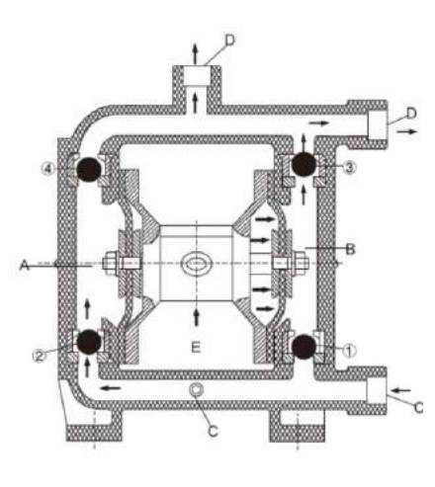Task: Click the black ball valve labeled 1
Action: (304, 347)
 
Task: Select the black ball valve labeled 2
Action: (88, 342)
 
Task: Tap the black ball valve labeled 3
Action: (304, 165)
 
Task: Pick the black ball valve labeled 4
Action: (89, 169)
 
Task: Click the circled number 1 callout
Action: (349, 351)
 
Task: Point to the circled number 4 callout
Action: (47, 169)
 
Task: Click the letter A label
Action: (24, 265)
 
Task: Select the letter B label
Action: (351, 249)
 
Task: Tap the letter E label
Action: (196, 347)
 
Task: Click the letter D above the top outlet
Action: (230, 41)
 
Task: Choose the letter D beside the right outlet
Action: (411, 113)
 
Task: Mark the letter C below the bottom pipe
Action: (214, 431)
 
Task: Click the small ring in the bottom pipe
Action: (196, 389)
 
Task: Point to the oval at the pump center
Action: (196, 264)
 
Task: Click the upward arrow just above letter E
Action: (197, 317)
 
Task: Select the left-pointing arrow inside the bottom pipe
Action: (111, 388)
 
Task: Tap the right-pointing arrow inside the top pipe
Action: (319, 122)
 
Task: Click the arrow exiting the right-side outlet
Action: (407, 131)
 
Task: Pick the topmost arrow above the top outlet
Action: (195, 53)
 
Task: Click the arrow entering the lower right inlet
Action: (402, 390)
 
